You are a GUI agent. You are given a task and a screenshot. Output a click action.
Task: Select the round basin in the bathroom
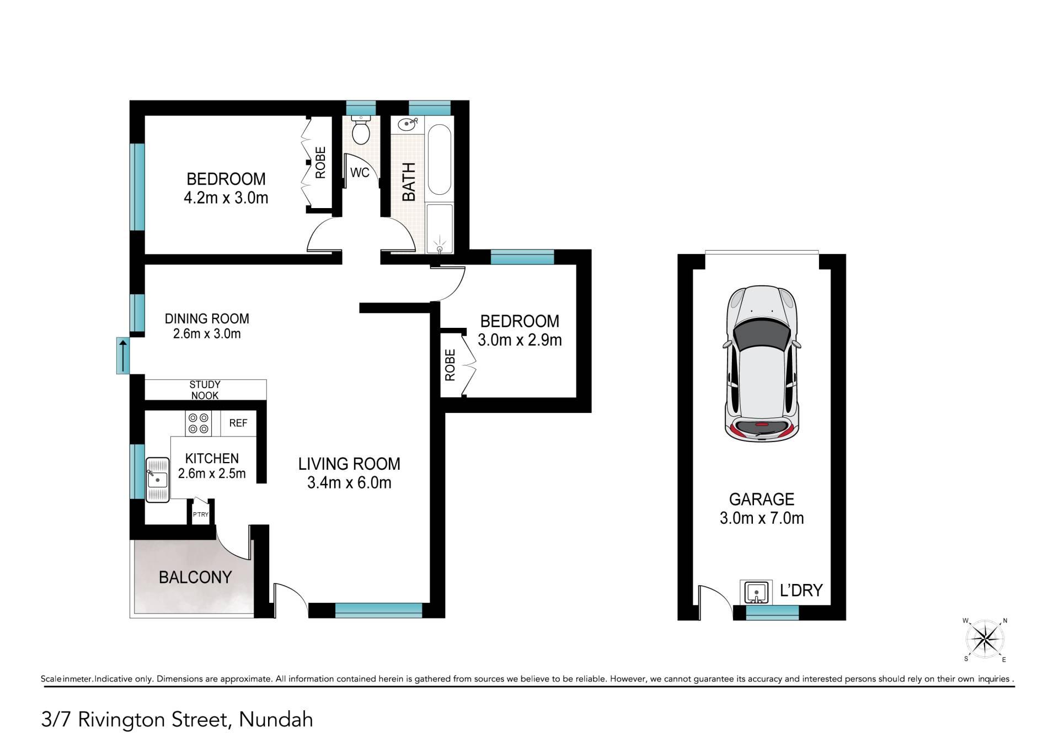click(407, 124)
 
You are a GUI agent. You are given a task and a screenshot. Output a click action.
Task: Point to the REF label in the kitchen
click(238, 423)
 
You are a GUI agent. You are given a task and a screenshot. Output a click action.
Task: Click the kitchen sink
click(158, 480)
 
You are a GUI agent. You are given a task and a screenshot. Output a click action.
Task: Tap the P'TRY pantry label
click(201, 515)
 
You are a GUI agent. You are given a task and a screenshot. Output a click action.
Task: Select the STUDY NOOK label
click(205, 390)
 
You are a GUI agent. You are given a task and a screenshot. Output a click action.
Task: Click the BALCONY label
click(195, 577)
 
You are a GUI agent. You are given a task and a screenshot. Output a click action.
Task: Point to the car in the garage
click(762, 364)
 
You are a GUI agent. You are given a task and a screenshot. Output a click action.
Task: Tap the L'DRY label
click(801, 591)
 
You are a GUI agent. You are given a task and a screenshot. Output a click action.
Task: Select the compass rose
click(985, 640)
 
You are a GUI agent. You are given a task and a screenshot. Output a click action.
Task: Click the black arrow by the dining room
click(122, 355)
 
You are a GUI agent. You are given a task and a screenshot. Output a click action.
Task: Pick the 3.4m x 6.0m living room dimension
click(349, 483)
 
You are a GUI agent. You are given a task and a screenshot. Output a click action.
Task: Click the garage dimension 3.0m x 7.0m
click(762, 518)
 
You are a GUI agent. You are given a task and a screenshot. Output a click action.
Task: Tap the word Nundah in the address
click(276, 720)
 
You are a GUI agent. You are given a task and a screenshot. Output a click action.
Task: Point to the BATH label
click(409, 182)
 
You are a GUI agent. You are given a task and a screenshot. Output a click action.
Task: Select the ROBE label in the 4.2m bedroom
click(320, 162)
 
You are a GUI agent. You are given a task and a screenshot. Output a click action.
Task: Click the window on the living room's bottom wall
click(378, 610)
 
